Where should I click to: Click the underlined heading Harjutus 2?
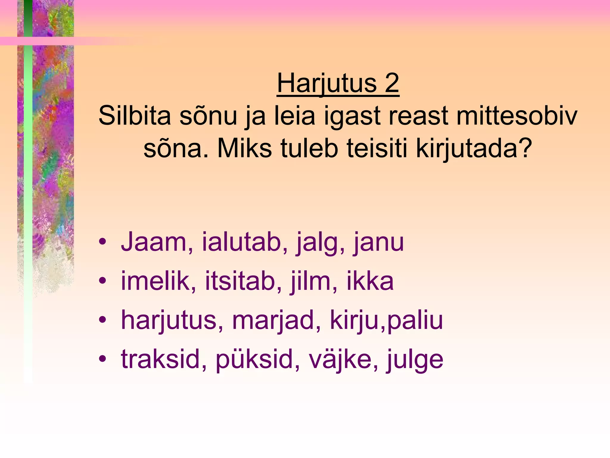338,83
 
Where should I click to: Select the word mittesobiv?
517,116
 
